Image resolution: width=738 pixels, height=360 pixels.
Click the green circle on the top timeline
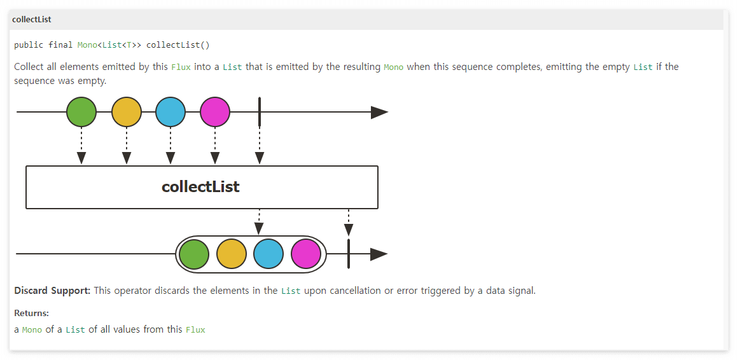(81, 113)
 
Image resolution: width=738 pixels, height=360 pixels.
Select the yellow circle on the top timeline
(126, 113)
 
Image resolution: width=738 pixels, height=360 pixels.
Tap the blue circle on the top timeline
(170, 113)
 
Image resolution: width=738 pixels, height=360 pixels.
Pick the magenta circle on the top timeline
(214, 113)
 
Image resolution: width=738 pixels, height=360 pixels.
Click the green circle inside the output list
(194, 254)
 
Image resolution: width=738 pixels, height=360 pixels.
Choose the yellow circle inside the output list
(232, 254)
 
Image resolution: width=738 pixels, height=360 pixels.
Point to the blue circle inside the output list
(268, 254)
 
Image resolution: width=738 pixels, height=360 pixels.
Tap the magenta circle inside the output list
(306, 254)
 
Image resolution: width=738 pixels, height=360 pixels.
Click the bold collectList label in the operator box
(200, 187)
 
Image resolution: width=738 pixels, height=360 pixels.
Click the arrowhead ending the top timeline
(379, 113)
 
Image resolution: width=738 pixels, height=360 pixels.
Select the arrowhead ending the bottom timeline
(379, 254)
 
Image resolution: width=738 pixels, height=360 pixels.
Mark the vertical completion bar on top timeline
(260, 113)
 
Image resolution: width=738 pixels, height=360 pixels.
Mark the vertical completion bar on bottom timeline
(349, 254)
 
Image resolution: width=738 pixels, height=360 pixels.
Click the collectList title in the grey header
(32, 20)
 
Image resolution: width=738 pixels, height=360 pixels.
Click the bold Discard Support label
(52, 291)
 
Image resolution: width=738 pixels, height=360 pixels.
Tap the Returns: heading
(31, 313)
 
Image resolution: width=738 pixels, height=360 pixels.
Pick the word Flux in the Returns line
(195, 329)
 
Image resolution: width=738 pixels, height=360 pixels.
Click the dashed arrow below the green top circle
(81, 146)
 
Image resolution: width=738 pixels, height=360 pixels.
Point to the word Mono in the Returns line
(32, 329)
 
